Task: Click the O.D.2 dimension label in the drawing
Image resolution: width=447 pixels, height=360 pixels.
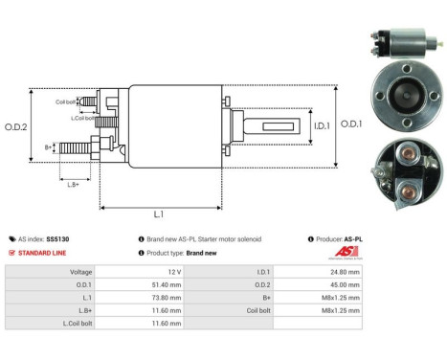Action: click(x=16, y=126)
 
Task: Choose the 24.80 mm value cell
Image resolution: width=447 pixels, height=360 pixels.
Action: click(x=345, y=272)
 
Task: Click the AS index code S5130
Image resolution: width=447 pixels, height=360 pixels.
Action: click(x=61, y=238)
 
